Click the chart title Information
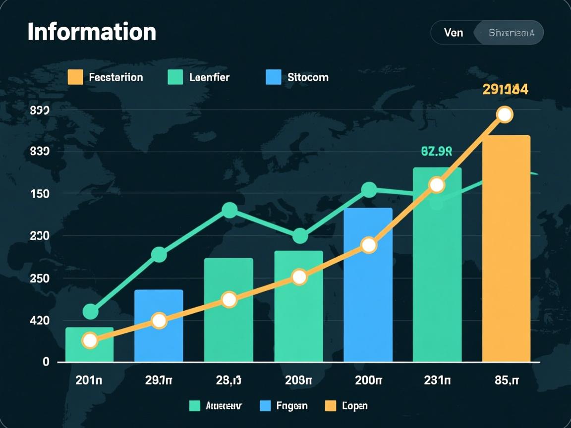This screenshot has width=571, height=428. pyautogui.click(x=92, y=32)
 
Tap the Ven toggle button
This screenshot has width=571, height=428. pyautogui.click(x=454, y=33)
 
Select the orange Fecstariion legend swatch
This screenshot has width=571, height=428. pyautogui.click(x=75, y=77)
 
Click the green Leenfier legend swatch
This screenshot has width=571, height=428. pyautogui.click(x=175, y=77)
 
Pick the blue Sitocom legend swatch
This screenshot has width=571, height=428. pyautogui.click(x=273, y=77)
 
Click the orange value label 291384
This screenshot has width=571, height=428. pyautogui.click(x=505, y=90)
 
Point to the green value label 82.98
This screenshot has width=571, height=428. pyautogui.click(x=436, y=151)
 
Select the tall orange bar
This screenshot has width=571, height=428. pyautogui.click(x=506, y=248)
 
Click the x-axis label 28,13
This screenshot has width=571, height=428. pyautogui.click(x=228, y=380)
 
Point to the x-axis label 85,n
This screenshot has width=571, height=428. pyautogui.click(x=506, y=380)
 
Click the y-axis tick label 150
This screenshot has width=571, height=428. pyautogui.click(x=40, y=194)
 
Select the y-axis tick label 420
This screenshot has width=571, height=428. pyautogui.click(x=40, y=321)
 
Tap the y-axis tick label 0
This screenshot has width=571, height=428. pyautogui.click(x=46, y=362)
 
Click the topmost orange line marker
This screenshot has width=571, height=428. pyautogui.click(x=505, y=114)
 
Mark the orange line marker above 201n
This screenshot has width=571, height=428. pyautogui.click(x=90, y=340)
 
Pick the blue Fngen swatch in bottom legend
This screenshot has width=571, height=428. pyautogui.click(x=266, y=406)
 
